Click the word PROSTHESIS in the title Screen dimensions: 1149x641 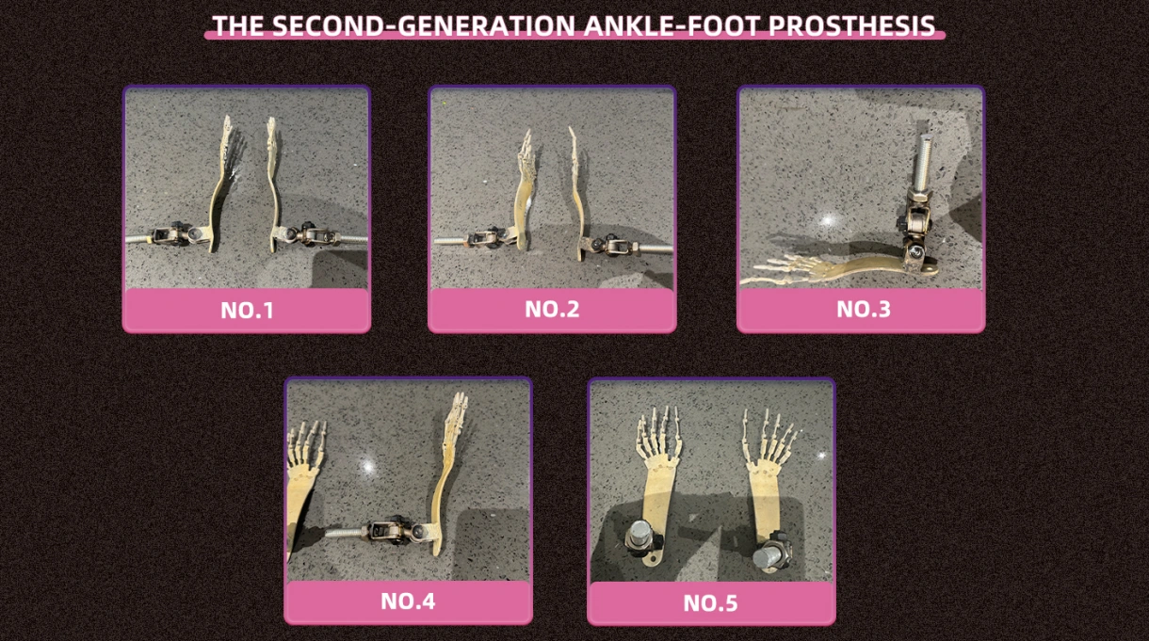tap(852, 25)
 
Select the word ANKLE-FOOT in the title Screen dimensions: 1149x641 tap(672, 25)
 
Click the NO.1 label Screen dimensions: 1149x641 tap(247, 311)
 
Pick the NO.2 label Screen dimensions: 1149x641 tap(552, 310)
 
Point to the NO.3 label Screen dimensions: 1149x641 tap(864, 310)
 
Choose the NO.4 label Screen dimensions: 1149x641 tap(408, 601)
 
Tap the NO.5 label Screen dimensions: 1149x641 tap(710, 603)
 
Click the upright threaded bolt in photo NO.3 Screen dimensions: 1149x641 tap(922, 162)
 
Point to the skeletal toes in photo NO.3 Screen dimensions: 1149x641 tap(780, 269)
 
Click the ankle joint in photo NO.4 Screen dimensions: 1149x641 tap(397, 530)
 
